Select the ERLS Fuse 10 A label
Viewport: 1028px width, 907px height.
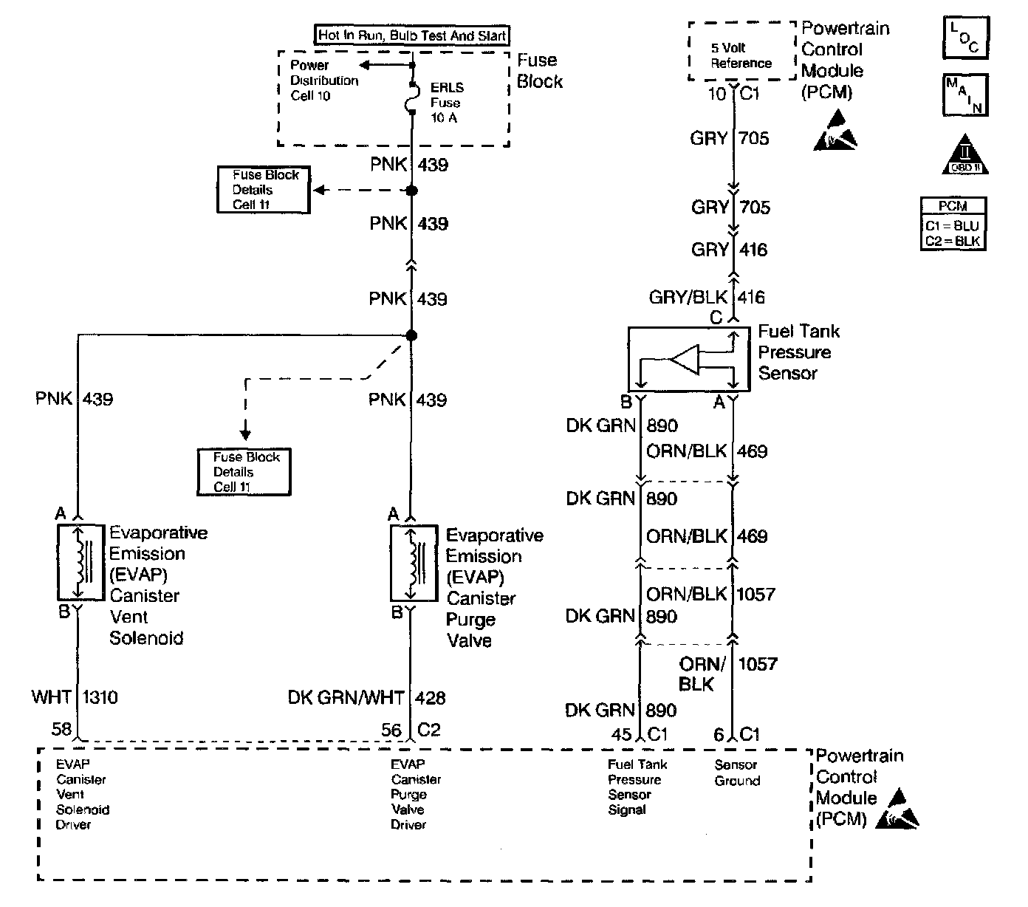447,103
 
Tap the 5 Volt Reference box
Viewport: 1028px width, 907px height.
741,55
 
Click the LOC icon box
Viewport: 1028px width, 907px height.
964,38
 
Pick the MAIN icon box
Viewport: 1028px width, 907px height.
964,95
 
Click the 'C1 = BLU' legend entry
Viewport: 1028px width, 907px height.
953,226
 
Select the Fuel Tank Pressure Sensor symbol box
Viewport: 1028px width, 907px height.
688,360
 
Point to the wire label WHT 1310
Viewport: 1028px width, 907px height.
75,696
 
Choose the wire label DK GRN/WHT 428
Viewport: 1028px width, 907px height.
367,698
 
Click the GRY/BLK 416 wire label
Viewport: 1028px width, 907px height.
707,297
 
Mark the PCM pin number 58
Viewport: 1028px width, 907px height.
61,730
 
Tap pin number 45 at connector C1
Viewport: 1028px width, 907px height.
622,734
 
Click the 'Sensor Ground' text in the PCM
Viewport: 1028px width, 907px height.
737,773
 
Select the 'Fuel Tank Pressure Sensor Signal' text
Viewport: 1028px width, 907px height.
637,787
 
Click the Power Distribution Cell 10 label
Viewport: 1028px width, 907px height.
324,81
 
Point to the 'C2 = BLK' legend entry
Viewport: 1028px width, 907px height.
953,241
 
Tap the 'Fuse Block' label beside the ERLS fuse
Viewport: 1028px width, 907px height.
538,71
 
